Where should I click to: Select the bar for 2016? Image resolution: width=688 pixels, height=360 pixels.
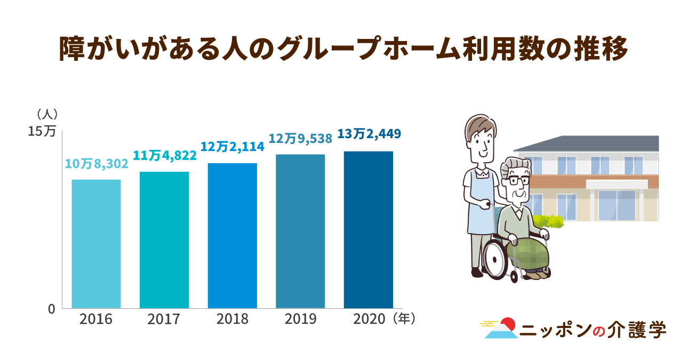(96, 244)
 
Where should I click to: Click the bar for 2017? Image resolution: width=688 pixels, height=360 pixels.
(164, 240)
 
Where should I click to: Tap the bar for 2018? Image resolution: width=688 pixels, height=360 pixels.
(233, 235)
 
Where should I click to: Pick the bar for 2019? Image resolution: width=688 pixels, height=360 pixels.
(300, 231)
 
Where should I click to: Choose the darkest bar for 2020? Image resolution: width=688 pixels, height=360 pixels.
(369, 229)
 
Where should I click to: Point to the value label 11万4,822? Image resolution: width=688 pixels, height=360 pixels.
(165, 155)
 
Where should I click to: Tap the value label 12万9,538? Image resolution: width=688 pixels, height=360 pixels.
(300, 138)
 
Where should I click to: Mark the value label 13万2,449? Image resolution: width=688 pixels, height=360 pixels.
(369, 133)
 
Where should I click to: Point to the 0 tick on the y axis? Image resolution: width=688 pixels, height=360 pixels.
(51, 309)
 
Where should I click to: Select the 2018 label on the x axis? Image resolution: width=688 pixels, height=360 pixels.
(233, 319)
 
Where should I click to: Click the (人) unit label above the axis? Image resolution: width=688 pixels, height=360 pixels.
(47, 114)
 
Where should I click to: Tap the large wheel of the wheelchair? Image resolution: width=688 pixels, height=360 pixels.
(495, 258)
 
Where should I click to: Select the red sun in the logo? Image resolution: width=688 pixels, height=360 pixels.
(509, 323)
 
